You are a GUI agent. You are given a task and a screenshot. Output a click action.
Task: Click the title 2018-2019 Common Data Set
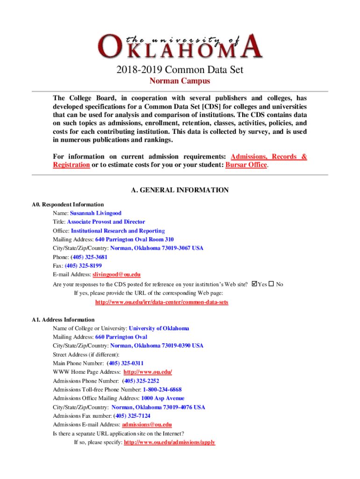180,71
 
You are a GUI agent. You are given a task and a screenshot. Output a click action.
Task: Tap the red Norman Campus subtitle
180,81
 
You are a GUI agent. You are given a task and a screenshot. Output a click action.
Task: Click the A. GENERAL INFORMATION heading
180,190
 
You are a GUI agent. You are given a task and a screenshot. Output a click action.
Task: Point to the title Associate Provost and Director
106,222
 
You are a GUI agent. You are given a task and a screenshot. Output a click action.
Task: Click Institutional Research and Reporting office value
118,231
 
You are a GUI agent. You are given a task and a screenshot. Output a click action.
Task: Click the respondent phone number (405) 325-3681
89,257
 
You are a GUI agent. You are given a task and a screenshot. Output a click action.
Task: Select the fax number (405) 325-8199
83,266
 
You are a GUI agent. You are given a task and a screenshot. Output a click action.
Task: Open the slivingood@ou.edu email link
116,275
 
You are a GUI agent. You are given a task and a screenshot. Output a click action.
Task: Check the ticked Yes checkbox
254,284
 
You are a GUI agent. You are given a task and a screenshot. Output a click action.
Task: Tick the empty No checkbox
271,284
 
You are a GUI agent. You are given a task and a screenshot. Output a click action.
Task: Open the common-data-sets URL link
162,302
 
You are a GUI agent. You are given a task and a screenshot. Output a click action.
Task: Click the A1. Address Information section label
63,320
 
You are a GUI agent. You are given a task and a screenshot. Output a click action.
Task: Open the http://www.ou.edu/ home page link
148,372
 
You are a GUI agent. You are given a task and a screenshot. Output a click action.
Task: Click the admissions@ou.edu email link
147,425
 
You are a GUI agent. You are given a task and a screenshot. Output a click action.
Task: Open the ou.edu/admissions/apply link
169,442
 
